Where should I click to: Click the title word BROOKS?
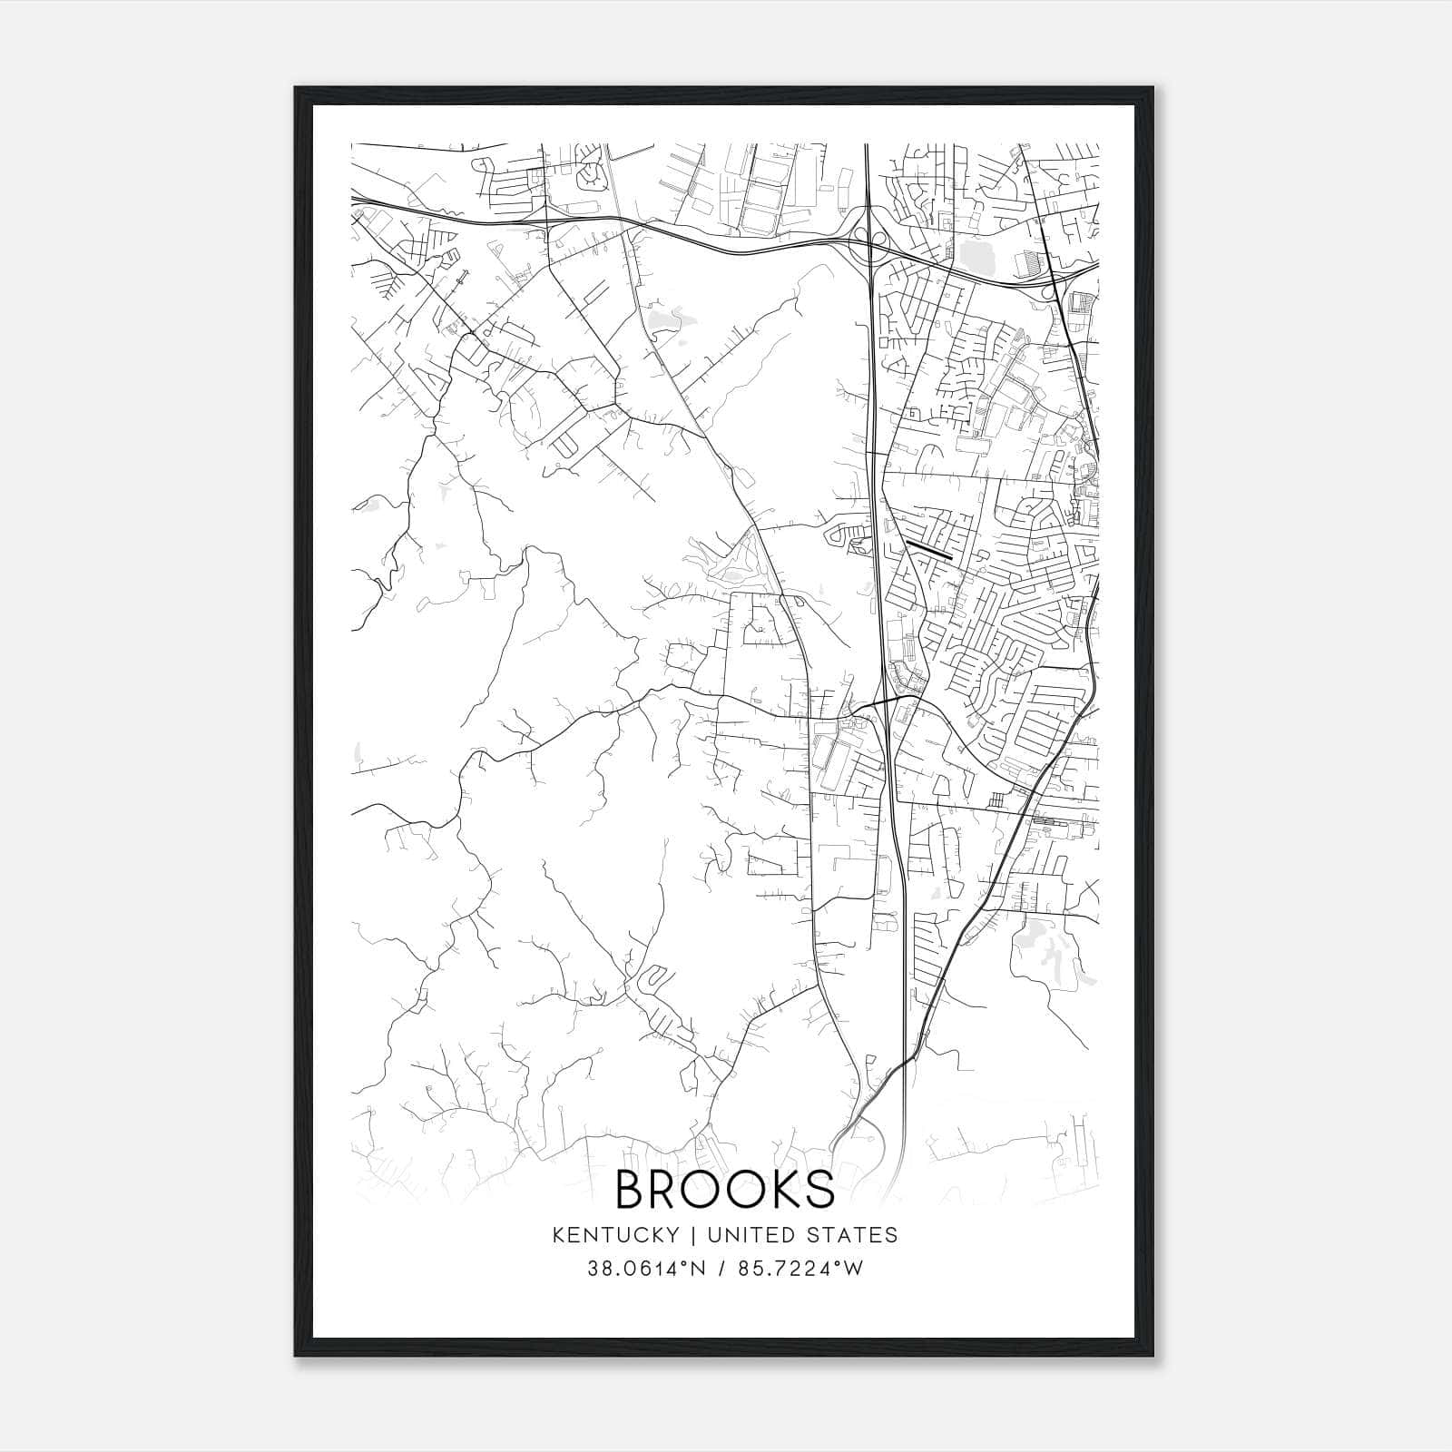click(725, 1189)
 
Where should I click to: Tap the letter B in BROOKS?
click(633, 1189)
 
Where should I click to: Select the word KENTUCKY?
click(615, 1235)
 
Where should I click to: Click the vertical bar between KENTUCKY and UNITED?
click(692, 1235)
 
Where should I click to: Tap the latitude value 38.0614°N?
click(646, 1269)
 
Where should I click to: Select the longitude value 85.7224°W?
click(801, 1269)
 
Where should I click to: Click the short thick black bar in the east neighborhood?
click(927, 549)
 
